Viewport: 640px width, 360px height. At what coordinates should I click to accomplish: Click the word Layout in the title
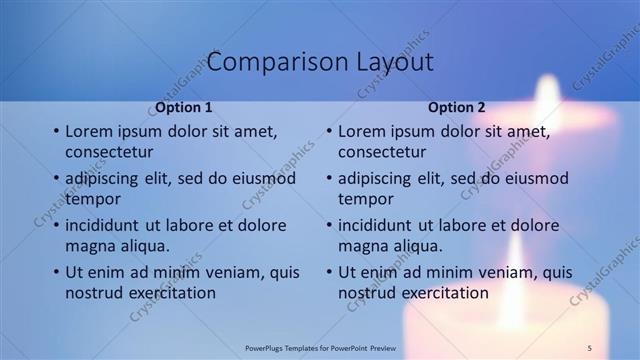395,62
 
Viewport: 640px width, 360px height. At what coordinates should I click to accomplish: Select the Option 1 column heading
184,107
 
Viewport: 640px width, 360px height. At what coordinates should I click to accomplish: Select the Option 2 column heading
457,107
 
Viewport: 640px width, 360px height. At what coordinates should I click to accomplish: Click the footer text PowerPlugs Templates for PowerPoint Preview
320,346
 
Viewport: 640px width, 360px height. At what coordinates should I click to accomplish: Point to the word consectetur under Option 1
109,152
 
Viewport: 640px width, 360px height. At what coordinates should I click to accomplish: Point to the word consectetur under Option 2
382,152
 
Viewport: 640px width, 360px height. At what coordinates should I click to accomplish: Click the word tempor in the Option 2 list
366,199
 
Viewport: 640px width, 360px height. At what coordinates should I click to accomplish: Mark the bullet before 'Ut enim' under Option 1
55,272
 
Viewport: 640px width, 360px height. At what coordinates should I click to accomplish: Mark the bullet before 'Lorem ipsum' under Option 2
328,131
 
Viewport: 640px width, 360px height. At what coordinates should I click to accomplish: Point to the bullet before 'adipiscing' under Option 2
328,178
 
